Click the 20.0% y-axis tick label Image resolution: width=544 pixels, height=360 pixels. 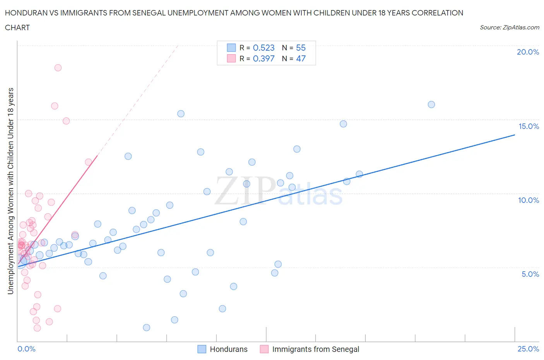coord(528,52)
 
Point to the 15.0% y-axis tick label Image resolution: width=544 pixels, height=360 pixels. coord(529,126)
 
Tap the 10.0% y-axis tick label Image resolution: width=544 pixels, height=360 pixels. coord(529,200)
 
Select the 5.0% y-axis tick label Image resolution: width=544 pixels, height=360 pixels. coord(530,274)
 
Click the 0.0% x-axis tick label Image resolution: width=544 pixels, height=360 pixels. coord(26,349)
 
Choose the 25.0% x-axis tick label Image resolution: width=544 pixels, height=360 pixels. coord(528,349)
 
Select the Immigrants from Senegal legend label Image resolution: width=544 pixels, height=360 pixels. coord(315,349)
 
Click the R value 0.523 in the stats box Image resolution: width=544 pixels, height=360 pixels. coord(263,48)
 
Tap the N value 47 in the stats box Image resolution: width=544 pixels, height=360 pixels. coord(301,58)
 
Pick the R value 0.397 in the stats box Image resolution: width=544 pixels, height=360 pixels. coord(263,58)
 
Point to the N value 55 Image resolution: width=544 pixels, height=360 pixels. coord(301,48)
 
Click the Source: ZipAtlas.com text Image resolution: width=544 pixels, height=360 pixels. coord(509,27)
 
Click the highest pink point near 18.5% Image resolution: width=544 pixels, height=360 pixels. coord(58,68)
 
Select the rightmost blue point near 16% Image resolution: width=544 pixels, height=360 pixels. coord(431,105)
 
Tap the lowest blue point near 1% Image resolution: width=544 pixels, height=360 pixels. coord(147,327)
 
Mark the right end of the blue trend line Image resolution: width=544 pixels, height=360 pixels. coord(515,135)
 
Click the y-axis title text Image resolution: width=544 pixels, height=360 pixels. coord(11,191)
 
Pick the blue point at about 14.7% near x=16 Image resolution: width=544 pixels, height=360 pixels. coord(343,124)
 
